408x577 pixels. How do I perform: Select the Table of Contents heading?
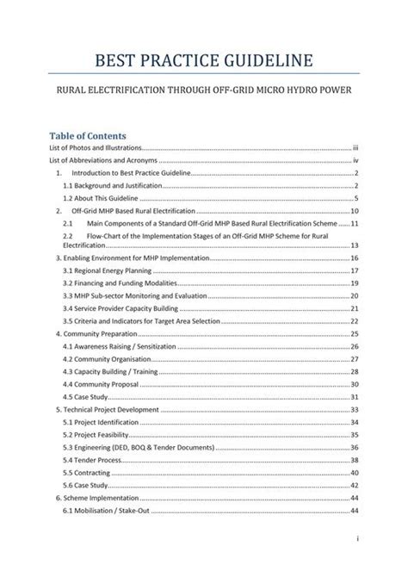[x=88, y=136]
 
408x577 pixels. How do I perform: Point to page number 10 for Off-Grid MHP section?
[x=354, y=210]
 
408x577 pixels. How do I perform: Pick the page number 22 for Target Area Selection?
[x=354, y=319]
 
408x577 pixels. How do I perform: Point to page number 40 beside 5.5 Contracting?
[x=354, y=473]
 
